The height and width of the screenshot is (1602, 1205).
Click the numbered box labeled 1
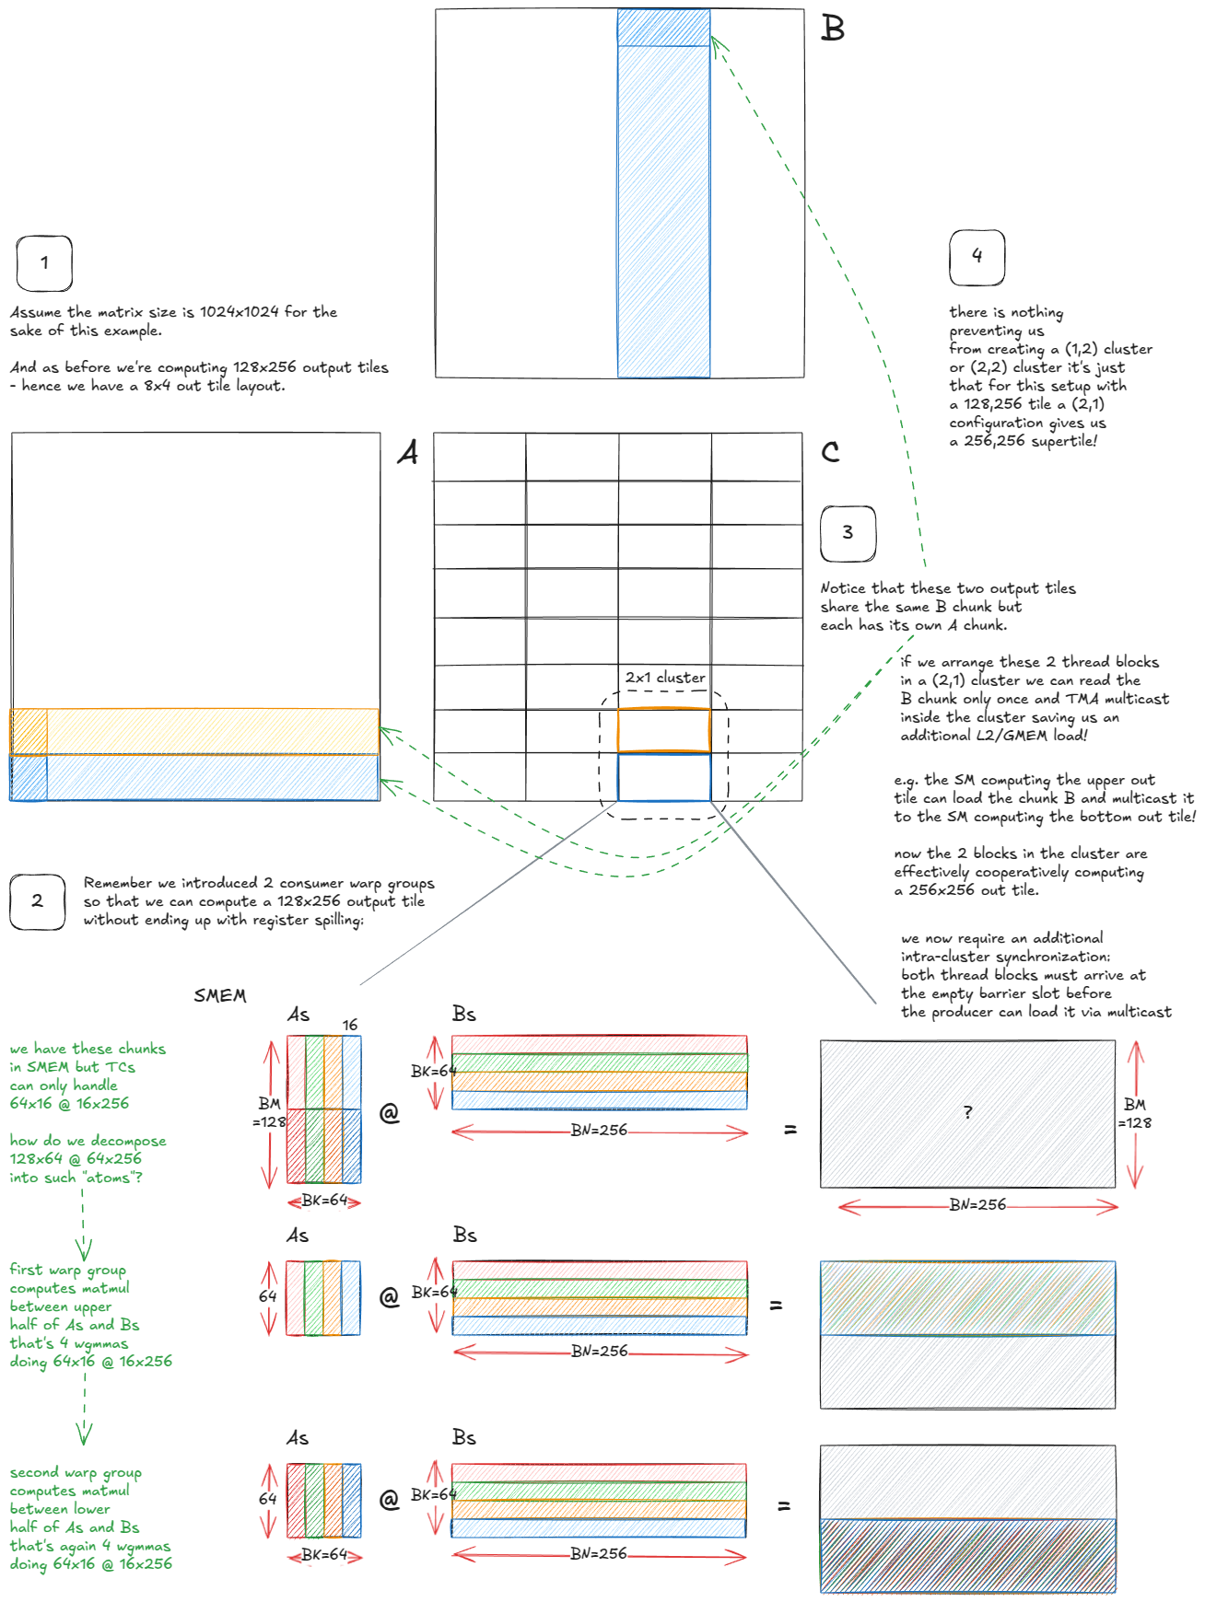click(44, 263)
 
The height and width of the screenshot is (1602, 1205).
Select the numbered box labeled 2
click(37, 901)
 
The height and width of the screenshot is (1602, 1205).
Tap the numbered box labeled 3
click(848, 533)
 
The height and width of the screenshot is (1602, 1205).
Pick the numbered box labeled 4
click(977, 257)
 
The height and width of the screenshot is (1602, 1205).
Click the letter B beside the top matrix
click(833, 29)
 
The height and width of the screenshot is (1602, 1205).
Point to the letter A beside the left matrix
click(407, 452)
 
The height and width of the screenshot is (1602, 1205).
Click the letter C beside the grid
click(830, 451)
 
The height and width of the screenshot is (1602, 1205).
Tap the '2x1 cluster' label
click(665, 678)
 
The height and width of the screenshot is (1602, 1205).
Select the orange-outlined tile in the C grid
click(664, 730)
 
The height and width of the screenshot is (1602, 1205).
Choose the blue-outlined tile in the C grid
click(664, 777)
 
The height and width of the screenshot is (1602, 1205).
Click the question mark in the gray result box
click(967, 1112)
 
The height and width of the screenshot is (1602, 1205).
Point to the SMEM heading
click(220, 995)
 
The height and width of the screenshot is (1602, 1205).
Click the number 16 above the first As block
click(350, 1025)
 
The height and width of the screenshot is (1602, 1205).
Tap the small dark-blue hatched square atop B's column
click(663, 28)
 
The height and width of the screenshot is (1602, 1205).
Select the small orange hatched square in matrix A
click(29, 731)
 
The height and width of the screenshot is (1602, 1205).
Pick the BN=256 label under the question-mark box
click(977, 1205)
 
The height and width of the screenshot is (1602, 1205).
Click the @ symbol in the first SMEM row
click(390, 1113)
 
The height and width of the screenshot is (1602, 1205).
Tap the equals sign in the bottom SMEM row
click(784, 1506)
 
